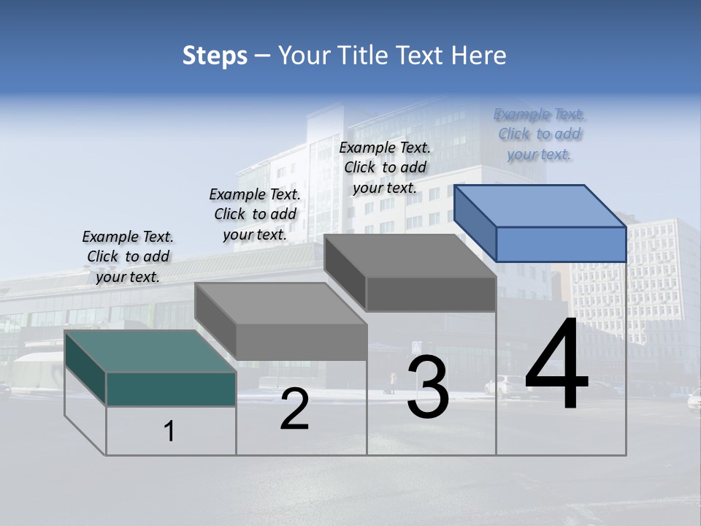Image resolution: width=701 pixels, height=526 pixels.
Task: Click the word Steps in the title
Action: click(x=215, y=56)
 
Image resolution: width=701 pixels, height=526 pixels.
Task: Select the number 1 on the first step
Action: click(x=169, y=432)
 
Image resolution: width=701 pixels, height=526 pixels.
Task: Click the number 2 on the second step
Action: click(x=294, y=410)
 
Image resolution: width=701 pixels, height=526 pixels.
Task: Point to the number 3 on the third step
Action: click(x=428, y=387)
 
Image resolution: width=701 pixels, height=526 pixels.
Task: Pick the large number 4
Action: click(x=556, y=365)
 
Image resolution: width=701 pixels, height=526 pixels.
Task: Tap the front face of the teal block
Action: click(x=171, y=389)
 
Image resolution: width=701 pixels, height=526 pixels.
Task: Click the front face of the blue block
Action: click(x=561, y=244)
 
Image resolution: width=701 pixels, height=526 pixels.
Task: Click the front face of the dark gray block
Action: click(x=431, y=294)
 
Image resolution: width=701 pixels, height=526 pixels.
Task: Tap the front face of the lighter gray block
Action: click(x=302, y=342)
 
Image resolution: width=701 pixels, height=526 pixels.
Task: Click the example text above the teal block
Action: click(x=128, y=256)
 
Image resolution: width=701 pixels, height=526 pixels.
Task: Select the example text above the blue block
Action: click(x=540, y=134)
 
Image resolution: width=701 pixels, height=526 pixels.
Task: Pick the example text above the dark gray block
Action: click(x=385, y=167)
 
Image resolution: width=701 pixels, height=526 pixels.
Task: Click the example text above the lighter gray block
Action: click(x=255, y=214)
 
